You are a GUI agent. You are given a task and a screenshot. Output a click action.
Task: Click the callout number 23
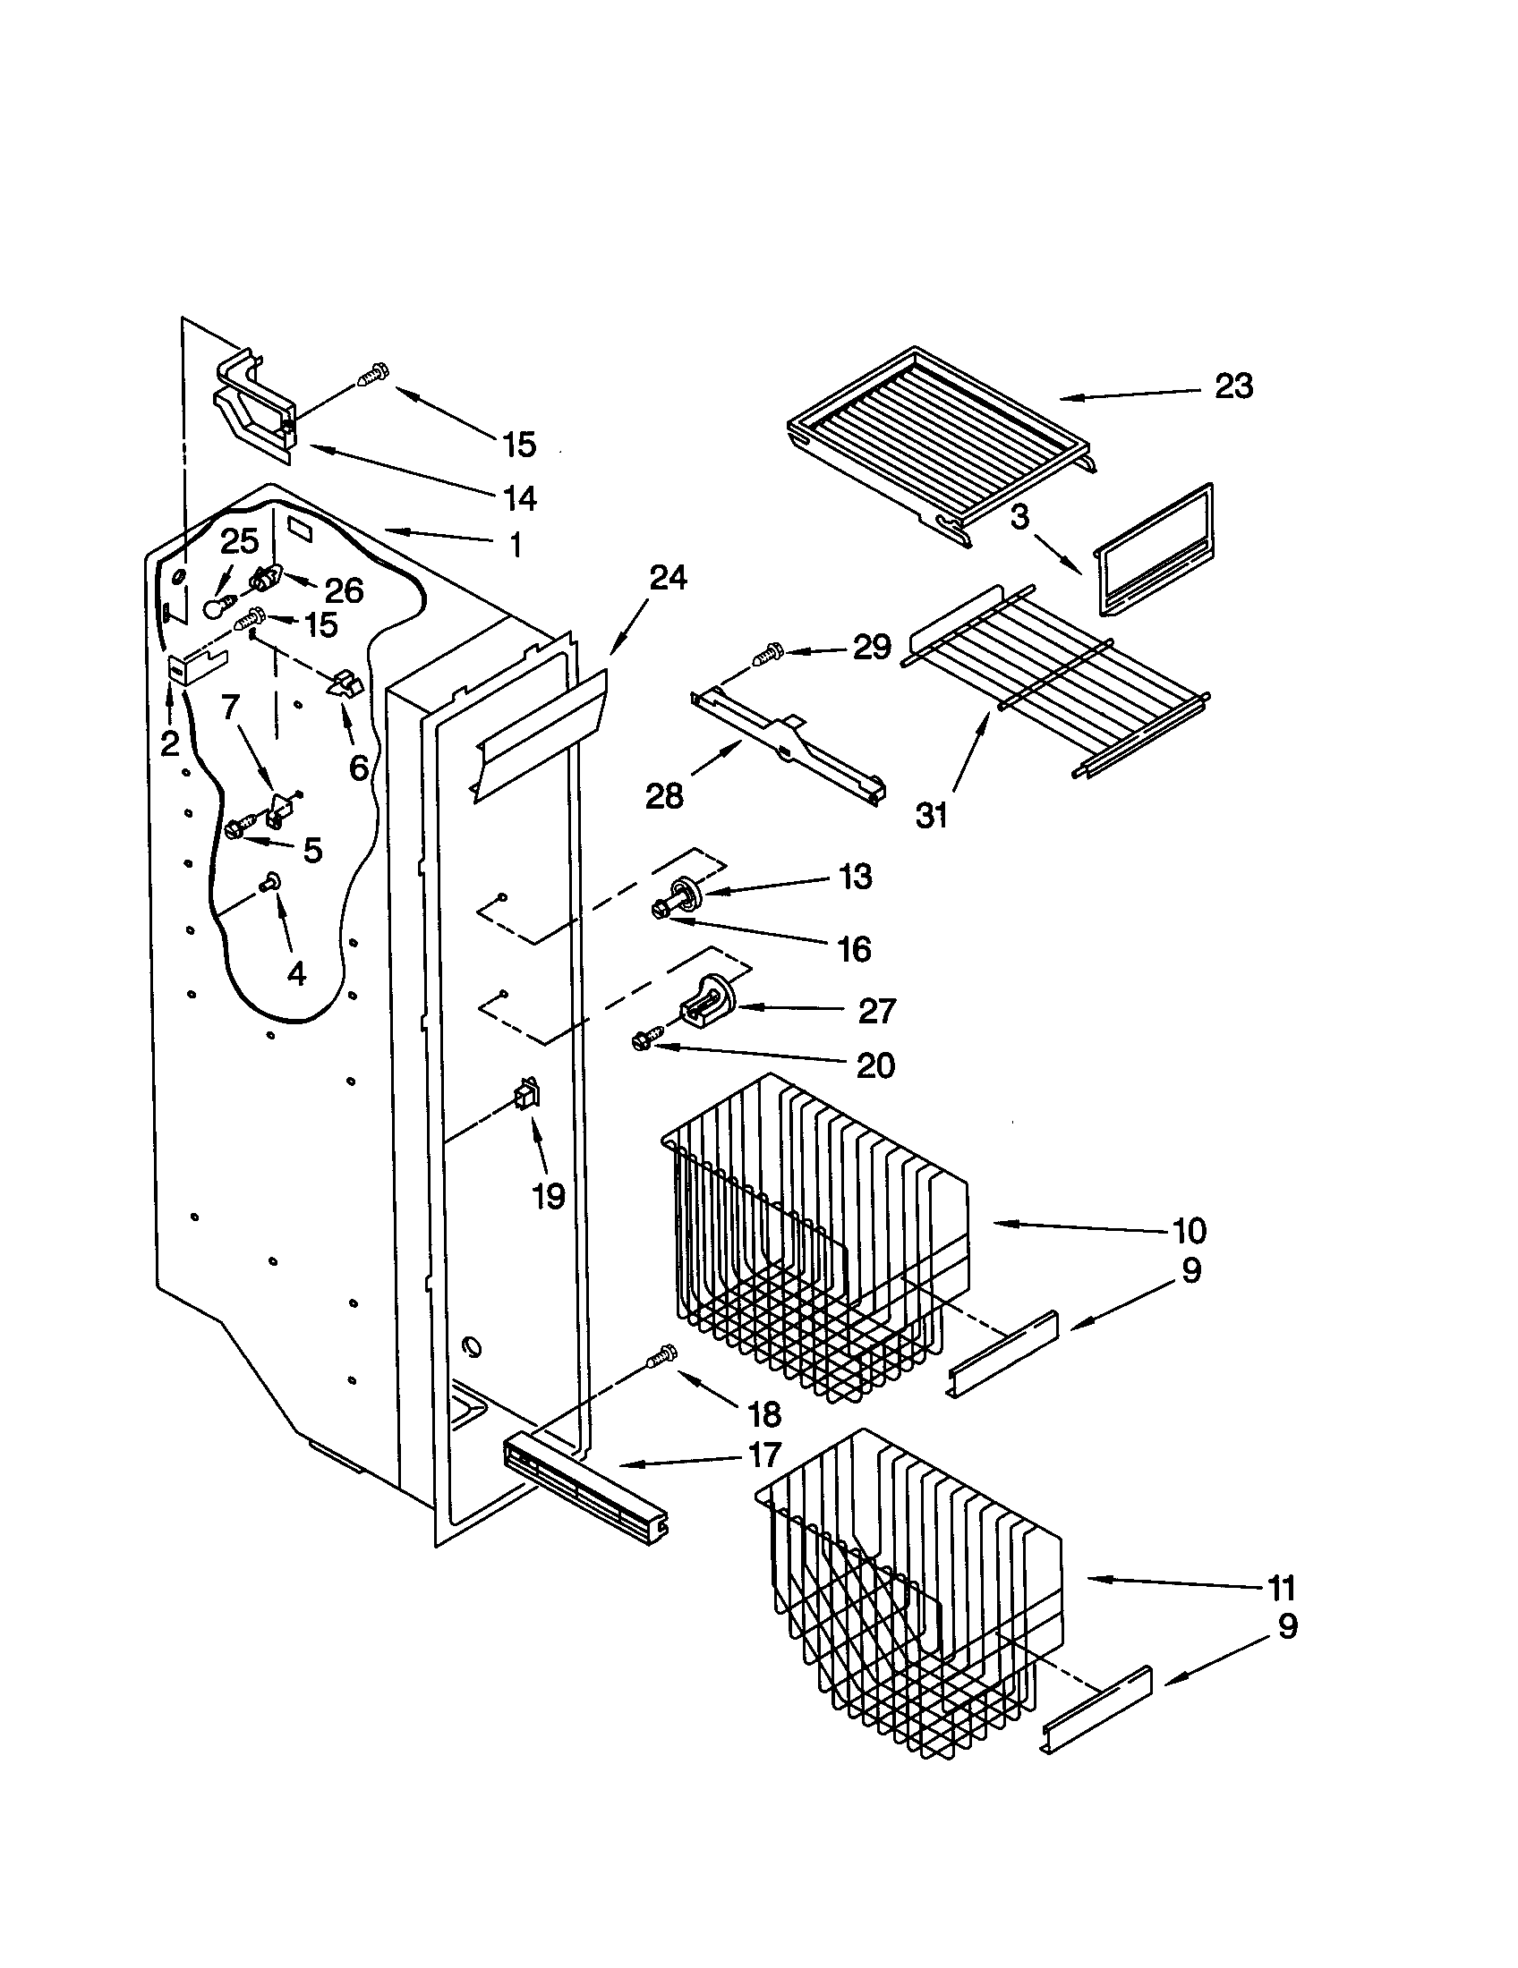coord(1233,386)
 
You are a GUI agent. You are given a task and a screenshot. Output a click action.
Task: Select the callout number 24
coord(668,578)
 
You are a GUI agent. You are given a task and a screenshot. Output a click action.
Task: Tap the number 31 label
coord(932,817)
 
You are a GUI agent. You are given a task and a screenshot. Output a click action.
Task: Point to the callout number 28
coord(664,796)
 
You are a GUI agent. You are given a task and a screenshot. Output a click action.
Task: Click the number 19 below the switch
coord(548,1197)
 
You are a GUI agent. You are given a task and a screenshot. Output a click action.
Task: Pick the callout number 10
coord(1189,1230)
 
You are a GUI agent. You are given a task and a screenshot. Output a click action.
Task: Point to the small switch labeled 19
coord(525,1096)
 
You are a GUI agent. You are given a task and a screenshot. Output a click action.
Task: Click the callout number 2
coord(169,744)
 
